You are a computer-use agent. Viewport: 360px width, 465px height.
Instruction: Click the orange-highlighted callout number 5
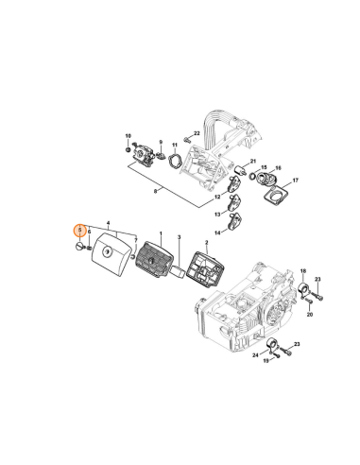pyautogui.click(x=81, y=230)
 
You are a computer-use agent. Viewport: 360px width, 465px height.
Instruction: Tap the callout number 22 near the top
pyautogui.click(x=197, y=133)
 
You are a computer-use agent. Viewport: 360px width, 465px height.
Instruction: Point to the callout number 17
pyautogui.click(x=295, y=180)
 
